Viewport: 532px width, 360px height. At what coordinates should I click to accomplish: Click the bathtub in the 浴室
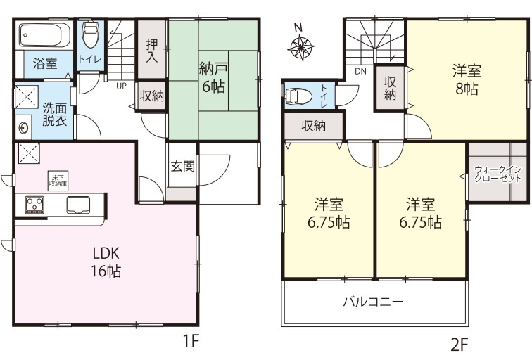click(44, 35)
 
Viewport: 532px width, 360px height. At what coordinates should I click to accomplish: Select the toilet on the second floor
click(299, 96)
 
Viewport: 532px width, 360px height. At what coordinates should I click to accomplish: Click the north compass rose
click(300, 46)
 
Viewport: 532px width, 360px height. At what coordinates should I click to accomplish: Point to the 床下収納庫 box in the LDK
click(57, 181)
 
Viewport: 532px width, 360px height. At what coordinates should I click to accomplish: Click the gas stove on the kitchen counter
click(34, 205)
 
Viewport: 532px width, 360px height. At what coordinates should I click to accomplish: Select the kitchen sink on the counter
click(78, 205)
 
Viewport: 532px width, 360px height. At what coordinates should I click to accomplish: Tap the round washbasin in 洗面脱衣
click(23, 128)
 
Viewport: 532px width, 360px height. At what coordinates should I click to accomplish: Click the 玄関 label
click(182, 166)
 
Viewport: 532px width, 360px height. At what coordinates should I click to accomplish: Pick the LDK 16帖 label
click(106, 262)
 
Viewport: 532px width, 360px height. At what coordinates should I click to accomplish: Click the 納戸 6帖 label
click(213, 78)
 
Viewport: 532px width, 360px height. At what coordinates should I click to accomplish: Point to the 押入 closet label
click(152, 51)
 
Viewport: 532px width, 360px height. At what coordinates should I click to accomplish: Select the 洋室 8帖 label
click(467, 80)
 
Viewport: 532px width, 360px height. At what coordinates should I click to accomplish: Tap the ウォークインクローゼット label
click(498, 174)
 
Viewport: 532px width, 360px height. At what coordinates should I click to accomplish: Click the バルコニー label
click(373, 301)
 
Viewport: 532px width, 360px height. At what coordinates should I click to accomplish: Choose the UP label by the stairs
click(122, 86)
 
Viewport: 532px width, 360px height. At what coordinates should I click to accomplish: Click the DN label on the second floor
click(361, 72)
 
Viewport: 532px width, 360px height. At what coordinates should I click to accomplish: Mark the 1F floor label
click(191, 341)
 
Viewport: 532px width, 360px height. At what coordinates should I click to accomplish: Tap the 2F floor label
click(460, 345)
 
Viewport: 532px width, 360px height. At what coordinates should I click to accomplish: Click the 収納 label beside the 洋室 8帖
click(390, 88)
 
